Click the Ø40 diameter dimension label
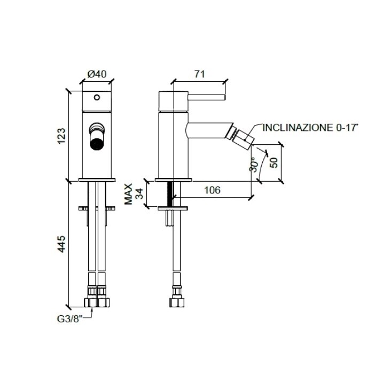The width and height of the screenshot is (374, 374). pyautogui.click(x=97, y=74)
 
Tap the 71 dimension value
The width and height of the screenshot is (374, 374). pyautogui.click(x=199, y=74)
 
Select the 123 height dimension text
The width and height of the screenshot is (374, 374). pyautogui.click(x=61, y=136)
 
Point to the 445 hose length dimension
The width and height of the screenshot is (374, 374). pyautogui.click(x=61, y=244)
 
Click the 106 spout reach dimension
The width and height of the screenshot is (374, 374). pyautogui.click(x=212, y=190)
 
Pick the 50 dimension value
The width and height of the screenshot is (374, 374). pyautogui.click(x=274, y=162)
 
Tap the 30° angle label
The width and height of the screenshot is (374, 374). pyautogui.click(x=254, y=165)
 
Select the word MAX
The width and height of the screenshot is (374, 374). pyautogui.click(x=128, y=194)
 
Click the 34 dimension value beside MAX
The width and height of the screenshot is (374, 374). pyautogui.click(x=139, y=193)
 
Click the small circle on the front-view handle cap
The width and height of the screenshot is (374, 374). pyautogui.click(x=97, y=97)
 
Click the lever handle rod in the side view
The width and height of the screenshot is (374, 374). pyautogui.click(x=207, y=97)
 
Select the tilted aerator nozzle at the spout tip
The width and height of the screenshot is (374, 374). pyautogui.click(x=241, y=138)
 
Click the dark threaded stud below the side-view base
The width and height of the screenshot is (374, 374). pyautogui.click(x=170, y=193)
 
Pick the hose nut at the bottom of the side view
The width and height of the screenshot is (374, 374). pyautogui.click(x=177, y=302)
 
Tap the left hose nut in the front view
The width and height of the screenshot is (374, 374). pyautogui.click(x=91, y=302)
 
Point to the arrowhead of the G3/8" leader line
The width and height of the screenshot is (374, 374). pyautogui.click(x=92, y=309)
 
